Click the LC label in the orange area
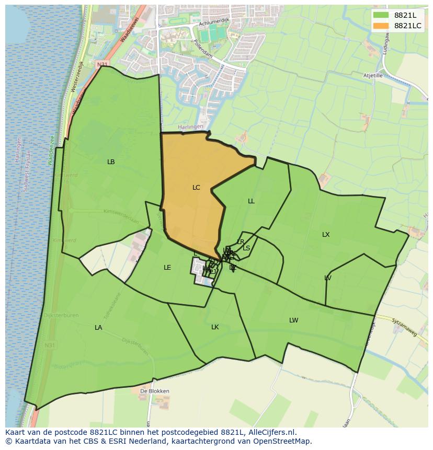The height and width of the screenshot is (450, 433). pos(196,188)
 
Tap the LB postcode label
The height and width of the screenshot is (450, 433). pos(111,162)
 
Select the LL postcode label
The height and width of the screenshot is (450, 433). pos(251,201)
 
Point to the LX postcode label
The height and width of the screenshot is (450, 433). pos(326,235)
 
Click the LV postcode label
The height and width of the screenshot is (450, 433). pos(328,278)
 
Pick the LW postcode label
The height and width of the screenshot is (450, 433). pos(294,320)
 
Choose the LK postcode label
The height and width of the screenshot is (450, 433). pos(215,327)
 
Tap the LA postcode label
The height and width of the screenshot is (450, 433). pos(98,328)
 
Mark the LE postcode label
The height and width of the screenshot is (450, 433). pos(167,268)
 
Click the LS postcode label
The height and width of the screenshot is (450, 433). pos(246,248)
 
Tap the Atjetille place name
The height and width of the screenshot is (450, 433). pos(373,76)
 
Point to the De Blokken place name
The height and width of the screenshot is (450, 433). pos(154,391)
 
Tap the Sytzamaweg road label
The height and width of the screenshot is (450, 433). pos(404,328)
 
